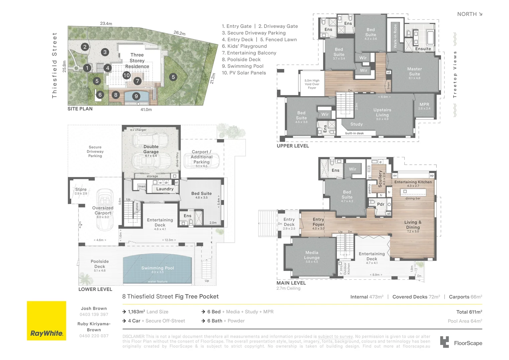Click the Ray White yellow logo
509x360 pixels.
pos(46,321)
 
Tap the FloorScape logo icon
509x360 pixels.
pos(444,342)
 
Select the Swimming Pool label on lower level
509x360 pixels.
pos(158,268)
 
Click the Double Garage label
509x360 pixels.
pos(151,149)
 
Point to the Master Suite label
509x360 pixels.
pos(414,72)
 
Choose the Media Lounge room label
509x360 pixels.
pos(312,255)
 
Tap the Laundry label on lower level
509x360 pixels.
pos(165,189)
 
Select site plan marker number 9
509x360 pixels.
pos(136,96)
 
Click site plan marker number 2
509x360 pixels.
pos(85,47)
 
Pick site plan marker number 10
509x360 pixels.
pos(126,75)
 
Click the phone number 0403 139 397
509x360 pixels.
pos(94,315)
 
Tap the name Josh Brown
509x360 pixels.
pos(94,309)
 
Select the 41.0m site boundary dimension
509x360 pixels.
pos(146,110)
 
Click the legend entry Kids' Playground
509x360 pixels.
pos(244,46)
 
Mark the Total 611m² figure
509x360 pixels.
pos(469,312)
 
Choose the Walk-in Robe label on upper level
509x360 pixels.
pos(395,36)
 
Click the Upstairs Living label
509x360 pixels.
pos(382,112)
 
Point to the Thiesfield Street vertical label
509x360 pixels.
pos(55,65)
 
